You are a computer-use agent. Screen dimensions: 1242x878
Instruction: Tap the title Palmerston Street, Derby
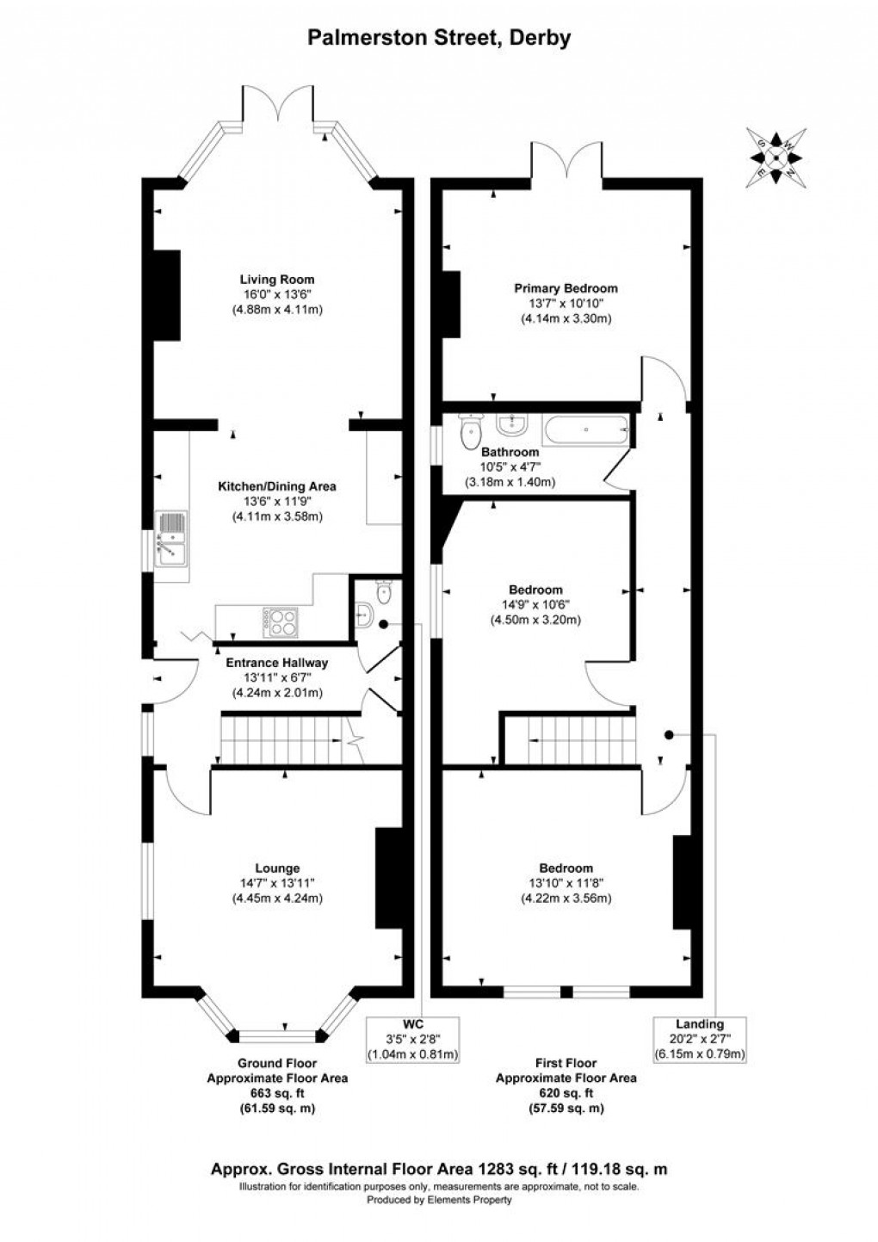[x=439, y=38]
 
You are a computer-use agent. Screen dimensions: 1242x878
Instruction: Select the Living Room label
[x=276, y=279]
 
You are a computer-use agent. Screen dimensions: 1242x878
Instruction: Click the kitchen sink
[x=170, y=539]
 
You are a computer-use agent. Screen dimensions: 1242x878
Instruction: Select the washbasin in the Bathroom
[x=514, y=423]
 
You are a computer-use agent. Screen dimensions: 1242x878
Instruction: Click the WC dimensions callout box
[x=413, y=1039]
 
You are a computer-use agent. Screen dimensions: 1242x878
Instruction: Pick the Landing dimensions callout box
[x=699, y=1039]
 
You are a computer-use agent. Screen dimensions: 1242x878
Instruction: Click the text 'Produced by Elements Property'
[x=439, y=1200]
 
